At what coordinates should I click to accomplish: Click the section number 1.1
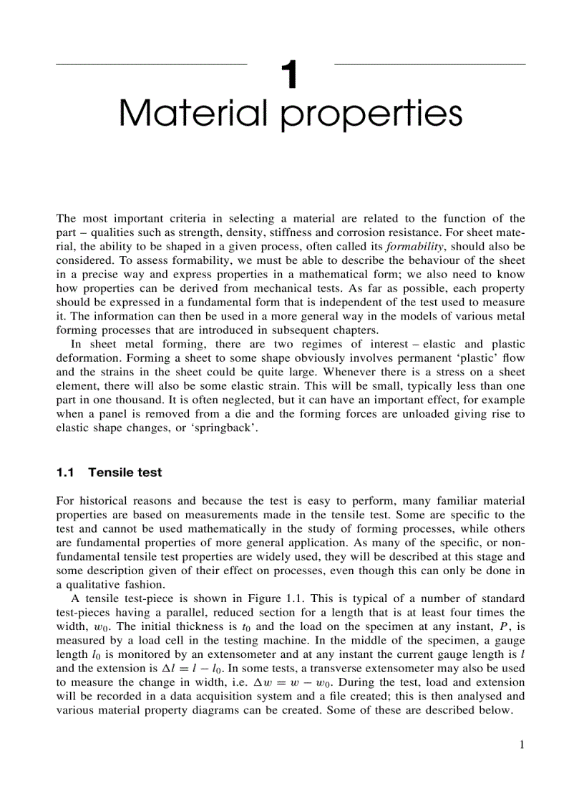[x=65, y=473]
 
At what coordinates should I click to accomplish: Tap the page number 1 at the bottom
[x=522, y=745]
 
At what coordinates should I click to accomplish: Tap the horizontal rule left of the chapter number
[x=151, y=64]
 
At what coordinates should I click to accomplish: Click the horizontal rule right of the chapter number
[x=429, y=64]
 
